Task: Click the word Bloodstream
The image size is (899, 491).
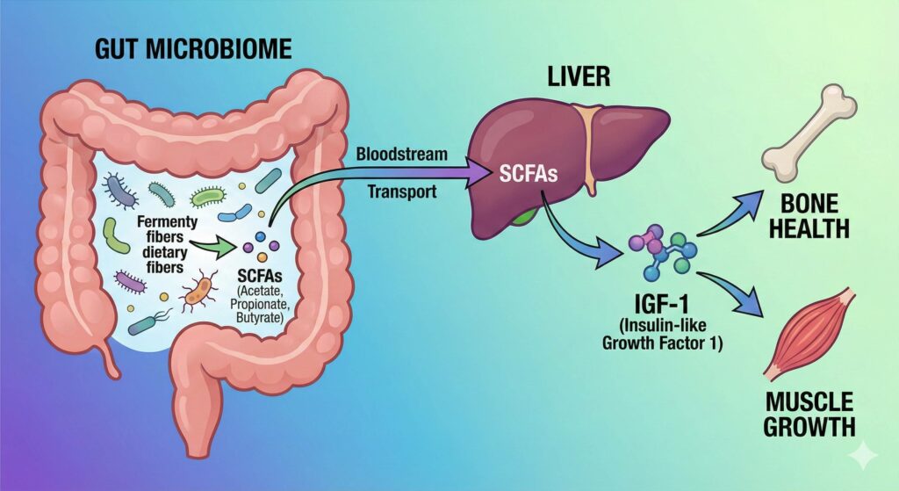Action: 402,155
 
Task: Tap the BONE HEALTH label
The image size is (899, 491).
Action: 816,217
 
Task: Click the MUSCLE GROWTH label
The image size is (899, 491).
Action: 810,415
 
